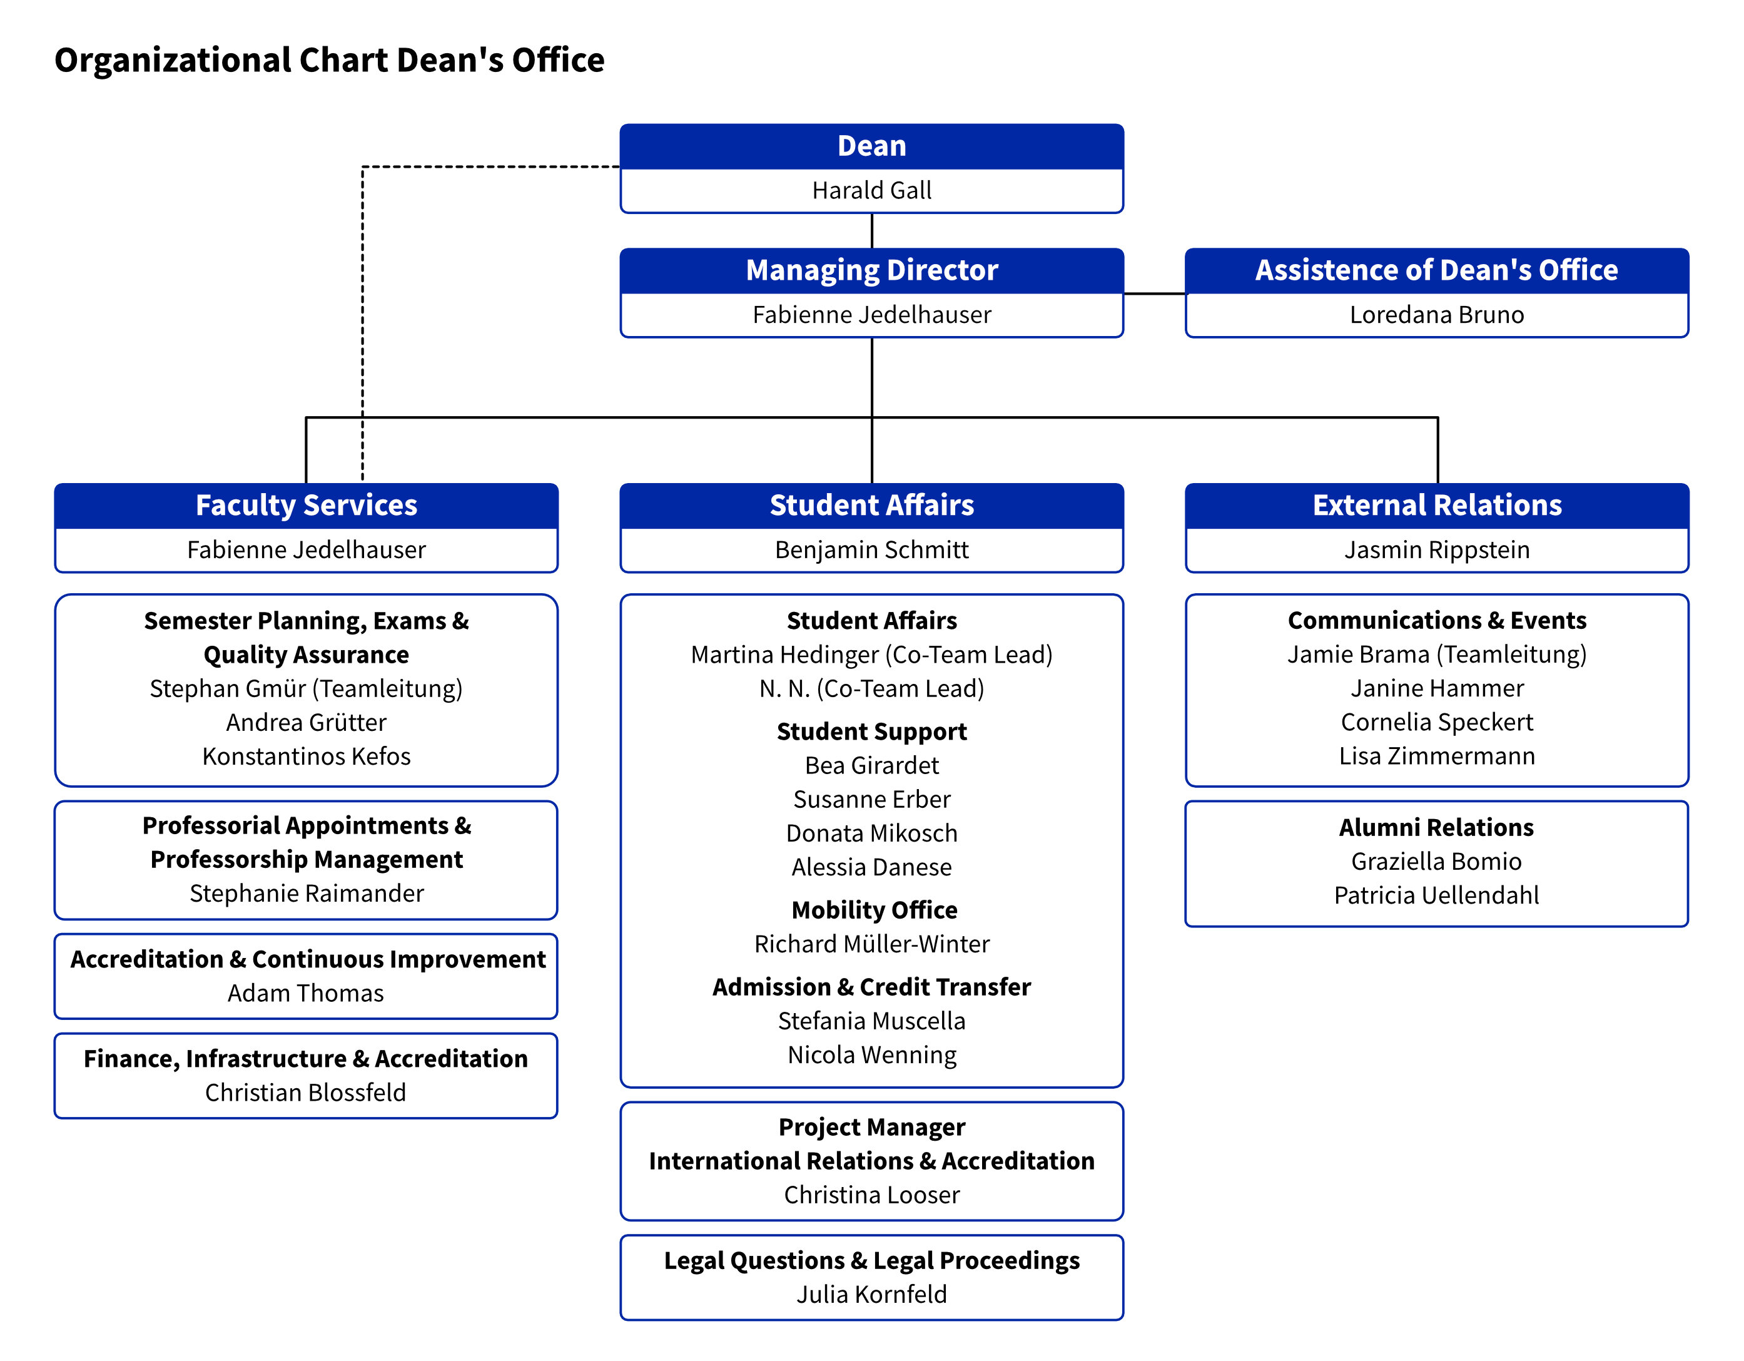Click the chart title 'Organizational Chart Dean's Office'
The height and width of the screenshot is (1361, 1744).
[x=329, y=61]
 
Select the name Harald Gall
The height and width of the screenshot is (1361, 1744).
[x=871, y=190]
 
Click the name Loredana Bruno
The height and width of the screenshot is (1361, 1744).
[x=1437, y=315]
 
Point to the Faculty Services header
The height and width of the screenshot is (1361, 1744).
[x=306, y=506]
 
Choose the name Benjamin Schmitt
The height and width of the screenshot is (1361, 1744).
[x=871, y=549]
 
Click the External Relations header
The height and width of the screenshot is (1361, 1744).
[x=1437, y=506]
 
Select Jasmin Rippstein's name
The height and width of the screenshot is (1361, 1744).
[x=1437, y=549]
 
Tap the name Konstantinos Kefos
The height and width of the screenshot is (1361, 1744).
[x=306, y=755]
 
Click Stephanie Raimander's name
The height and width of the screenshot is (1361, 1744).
[x=306, y=893]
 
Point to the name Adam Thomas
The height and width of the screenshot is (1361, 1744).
[x=306, y=993]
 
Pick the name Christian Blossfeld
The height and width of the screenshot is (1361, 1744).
[x=306, y=1093]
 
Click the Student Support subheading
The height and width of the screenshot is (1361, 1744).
[x=871, y=731]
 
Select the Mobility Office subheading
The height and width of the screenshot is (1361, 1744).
[x=875, y=910]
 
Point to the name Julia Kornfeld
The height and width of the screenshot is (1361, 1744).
[x=871, y=1294]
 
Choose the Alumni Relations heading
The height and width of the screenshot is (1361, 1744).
[x=1437, y=827]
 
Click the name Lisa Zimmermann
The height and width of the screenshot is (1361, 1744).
[x=1437, y=755]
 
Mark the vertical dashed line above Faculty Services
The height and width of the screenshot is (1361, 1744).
[x=363, y=324]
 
